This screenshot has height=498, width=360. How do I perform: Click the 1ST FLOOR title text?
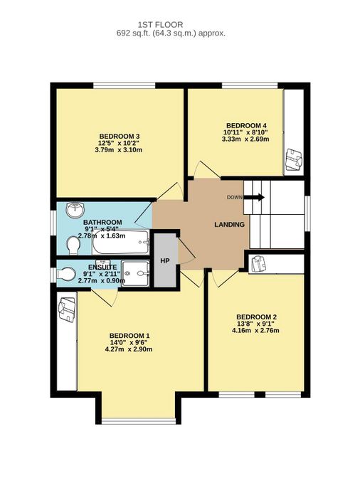[x=161, y=24]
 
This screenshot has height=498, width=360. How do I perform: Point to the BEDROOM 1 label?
[x=129, y=336]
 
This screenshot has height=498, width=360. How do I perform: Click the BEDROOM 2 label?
[x=256, y=317]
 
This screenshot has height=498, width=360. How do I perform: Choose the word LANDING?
[x=229, y=225]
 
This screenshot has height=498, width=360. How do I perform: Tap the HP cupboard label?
[x=164, y=261]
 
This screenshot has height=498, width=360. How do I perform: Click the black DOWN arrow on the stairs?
[x=254, y=197]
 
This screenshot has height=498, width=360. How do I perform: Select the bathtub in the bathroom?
[x=121, y=242]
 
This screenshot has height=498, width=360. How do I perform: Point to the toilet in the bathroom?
[x=73, y=246]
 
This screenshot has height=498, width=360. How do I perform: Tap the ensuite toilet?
[x=66, y=274]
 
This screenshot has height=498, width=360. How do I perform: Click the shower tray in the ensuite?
[x=136, y=273]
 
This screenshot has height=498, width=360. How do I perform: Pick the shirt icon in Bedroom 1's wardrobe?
[x=67, y=309]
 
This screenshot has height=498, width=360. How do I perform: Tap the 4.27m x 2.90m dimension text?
[x=129, y=349]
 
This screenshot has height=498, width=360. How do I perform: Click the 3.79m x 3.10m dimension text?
[x=119, y=149]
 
